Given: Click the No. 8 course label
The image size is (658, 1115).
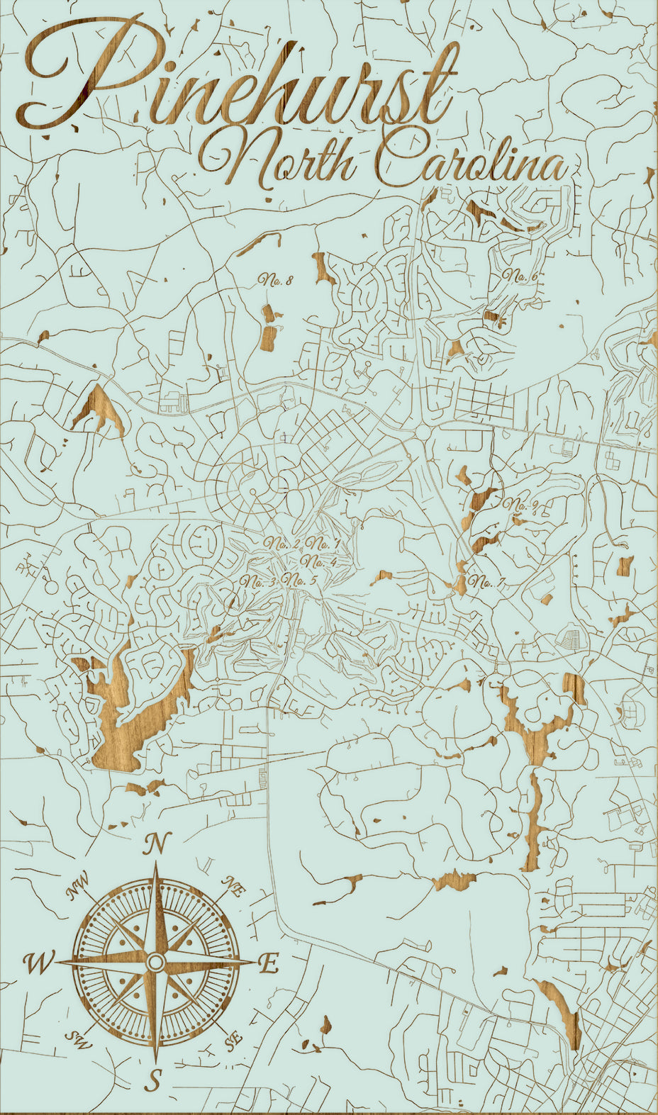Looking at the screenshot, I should [x=276, y=280].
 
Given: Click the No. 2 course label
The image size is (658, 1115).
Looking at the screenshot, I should [x=282, y=544].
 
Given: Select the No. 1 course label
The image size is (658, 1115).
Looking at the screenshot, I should [x=323, y=544].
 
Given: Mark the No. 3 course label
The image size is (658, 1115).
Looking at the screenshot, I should [x=258, y=582].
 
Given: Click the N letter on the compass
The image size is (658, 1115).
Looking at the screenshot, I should [x=157, y=844].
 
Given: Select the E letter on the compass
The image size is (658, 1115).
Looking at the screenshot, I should [x=268, y=964].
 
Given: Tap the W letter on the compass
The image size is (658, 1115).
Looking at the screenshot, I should [x=38, y=963].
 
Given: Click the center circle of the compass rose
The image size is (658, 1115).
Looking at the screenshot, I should [x=156, y=962].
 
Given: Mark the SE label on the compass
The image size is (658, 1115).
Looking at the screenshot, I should [x=232, y=1041].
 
